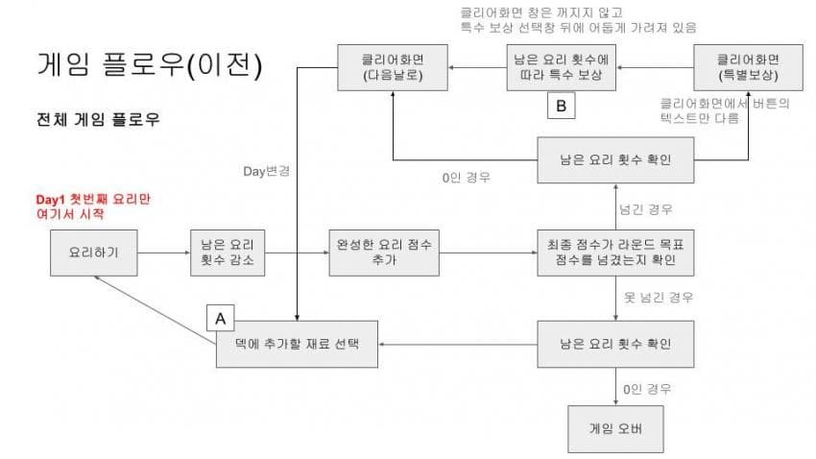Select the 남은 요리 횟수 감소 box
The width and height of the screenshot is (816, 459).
[x=228, y=254]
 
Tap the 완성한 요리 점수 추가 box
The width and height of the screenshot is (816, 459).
[x=383, y=254]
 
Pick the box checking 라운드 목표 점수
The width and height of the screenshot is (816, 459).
[x=614, y=254]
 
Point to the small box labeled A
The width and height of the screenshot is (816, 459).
[x=221, y=317]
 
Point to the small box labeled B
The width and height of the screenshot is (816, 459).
[x=561, y=106]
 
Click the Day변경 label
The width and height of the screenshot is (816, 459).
[x=268, y=172]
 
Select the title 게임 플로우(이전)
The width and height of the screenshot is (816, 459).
[x=149, y=65]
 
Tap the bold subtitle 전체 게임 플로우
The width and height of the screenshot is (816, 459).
[x=97, y=121]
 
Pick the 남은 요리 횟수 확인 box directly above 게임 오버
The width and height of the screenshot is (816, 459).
[x=614, y=344]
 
